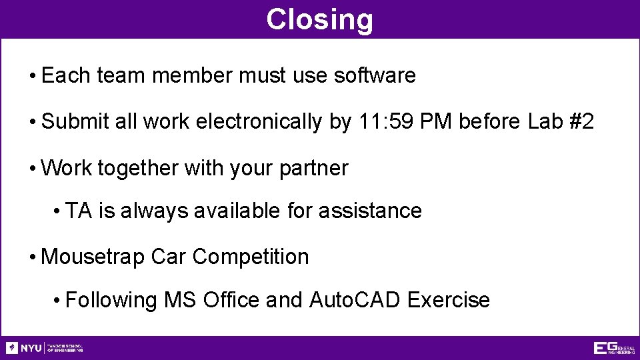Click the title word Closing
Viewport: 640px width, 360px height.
tap(319, 19)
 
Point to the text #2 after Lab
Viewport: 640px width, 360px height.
tap(578, 122)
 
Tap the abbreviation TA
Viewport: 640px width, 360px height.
tap(79, 211)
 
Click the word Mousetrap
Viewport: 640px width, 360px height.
tap(93, 257)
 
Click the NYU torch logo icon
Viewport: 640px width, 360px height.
tap(12, 348)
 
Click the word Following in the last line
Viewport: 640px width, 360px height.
tap(111, 300)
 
